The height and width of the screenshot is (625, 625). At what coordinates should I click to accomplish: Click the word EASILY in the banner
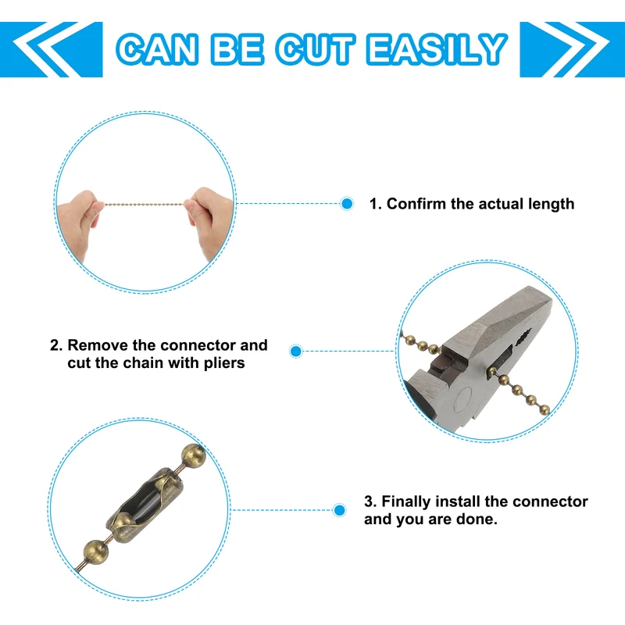(x=437, y=49)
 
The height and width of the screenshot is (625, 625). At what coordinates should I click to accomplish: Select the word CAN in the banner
(x=158, y=49)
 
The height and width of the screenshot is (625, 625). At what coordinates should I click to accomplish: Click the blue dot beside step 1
(x=347, y=204)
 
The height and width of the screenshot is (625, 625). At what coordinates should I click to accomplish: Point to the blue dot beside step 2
(x=296, y=351)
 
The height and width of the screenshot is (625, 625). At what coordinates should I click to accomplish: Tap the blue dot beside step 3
(x=339, y=510)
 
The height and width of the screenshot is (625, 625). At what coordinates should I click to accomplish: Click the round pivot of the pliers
(x=463, y=398)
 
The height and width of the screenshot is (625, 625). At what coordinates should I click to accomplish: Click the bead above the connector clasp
(x=194, y=455)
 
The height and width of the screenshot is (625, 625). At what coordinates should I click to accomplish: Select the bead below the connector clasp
(x=96, y=552)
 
